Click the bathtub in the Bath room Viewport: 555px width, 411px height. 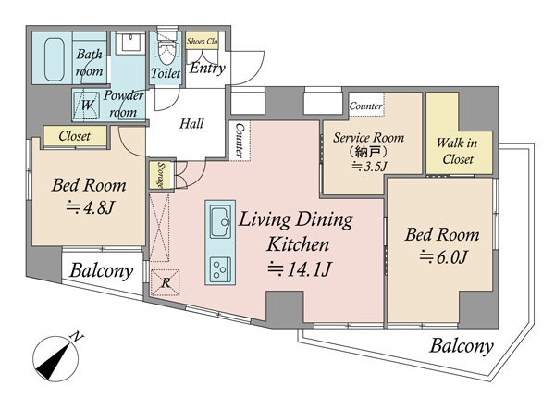(55, 59)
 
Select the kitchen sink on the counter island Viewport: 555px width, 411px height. (220, 222)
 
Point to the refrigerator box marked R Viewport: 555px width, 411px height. (165, 282)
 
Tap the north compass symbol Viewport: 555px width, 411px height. (55, 358)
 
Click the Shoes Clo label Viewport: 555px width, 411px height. (202, 41)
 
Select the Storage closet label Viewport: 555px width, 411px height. (161, 175)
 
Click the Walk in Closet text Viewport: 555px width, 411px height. (457, 151)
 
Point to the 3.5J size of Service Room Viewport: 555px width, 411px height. (369, 166)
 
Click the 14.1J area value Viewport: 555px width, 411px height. (300, 269)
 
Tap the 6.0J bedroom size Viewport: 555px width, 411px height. (444, 257)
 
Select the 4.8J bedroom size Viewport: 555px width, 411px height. (91, 207)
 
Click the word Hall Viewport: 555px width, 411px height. (191, 124)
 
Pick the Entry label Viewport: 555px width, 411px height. (207, 68)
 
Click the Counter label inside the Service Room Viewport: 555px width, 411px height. (365, 106)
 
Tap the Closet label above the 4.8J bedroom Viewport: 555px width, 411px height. (75, 136)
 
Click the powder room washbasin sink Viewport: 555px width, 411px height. (131, 43)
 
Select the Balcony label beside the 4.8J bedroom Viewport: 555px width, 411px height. (102, 271)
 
